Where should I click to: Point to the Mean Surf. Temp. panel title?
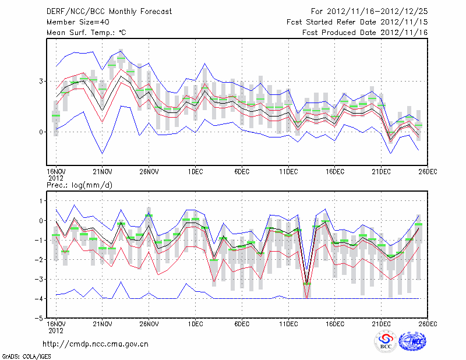[x=87, y=33]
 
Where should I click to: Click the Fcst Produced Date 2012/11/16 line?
[x=365, y=33]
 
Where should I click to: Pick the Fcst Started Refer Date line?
[x=357, y=22]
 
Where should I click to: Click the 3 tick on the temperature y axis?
[x=41, y=81]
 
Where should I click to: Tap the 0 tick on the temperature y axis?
[x=41, y=132]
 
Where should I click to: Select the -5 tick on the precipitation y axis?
[x=40, y=319]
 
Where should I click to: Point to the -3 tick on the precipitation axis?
[x=40, y=280]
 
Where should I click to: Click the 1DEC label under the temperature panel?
[x=195, y=171]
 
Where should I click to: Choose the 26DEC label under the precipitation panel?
[x=428, y=323]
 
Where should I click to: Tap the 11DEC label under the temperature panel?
[x=288, y=171]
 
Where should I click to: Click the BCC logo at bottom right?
[x=386, y=342]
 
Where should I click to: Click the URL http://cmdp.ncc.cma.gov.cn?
[x=96, y=344]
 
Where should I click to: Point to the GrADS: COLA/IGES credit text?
[x=22, y=355]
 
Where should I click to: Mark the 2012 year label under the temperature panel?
[x=55, y=177]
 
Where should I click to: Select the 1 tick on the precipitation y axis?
[x=41, y=201]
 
